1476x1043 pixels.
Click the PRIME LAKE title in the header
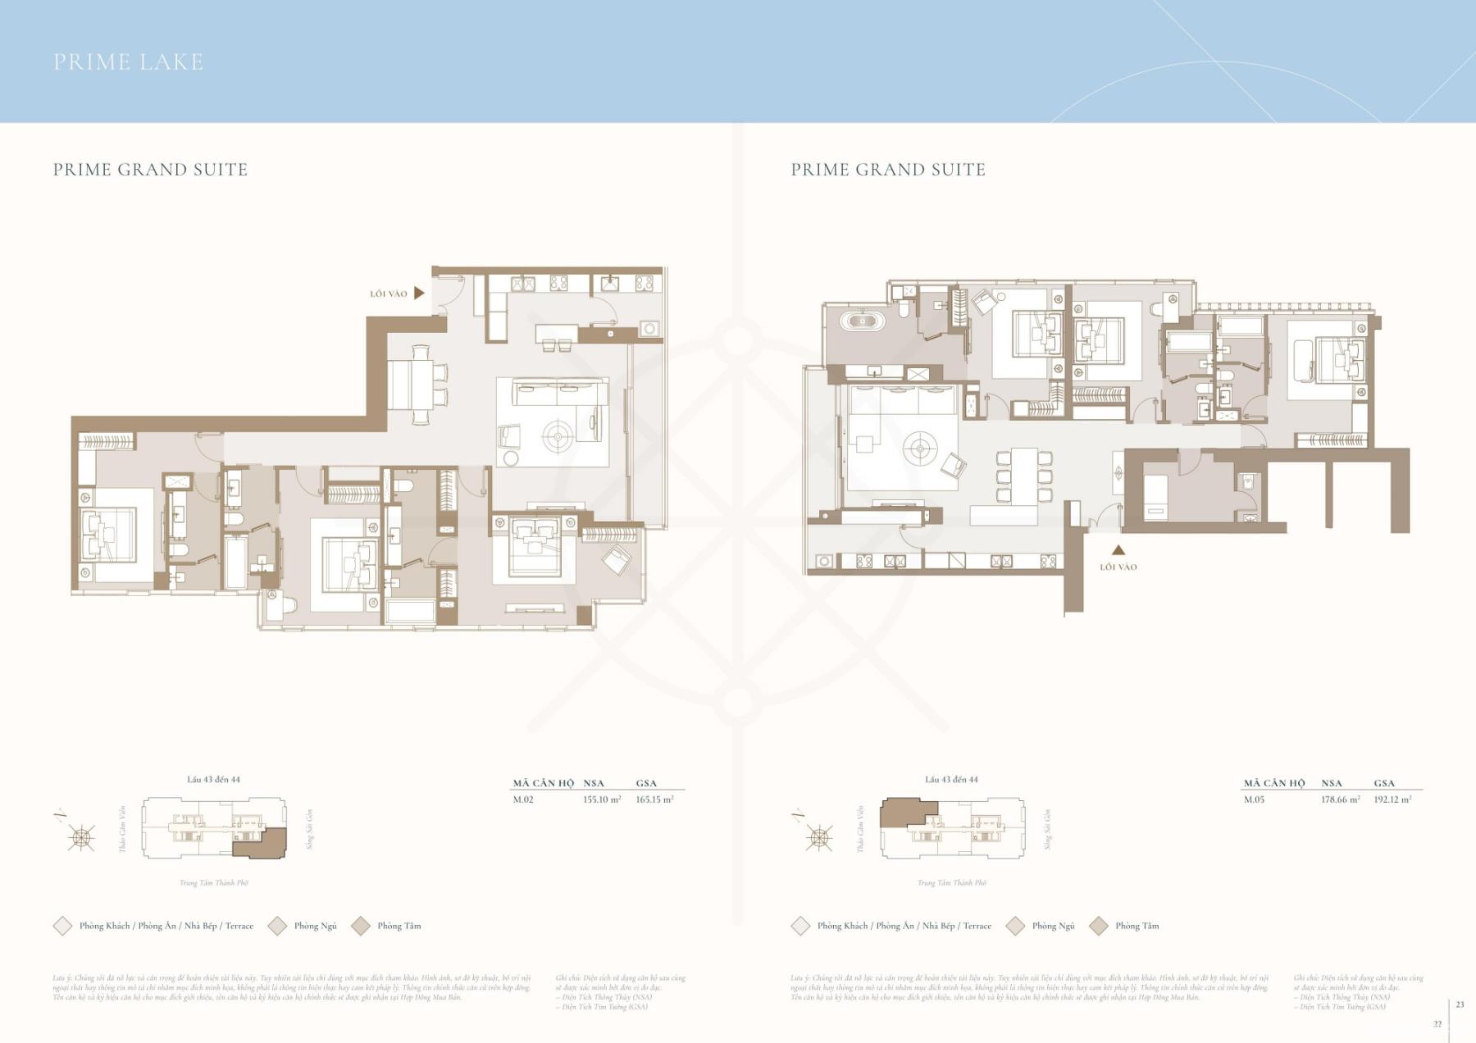pos(128,62)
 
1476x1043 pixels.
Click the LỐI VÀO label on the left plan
pos(388,294)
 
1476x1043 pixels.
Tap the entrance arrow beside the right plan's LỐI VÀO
pos(1118,551)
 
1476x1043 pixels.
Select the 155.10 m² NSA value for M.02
pos(601,799)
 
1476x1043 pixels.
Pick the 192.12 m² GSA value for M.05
pos(1392,799)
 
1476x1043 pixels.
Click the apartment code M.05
pos(1254,799)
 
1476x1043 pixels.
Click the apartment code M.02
pos(523,799)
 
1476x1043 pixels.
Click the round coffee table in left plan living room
pos(558,438)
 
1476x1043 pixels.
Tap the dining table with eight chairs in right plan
pos(1023,476)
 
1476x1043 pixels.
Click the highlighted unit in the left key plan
pos(261,844)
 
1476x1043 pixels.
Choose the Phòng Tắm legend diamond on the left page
pos(361,926)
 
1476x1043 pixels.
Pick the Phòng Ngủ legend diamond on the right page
pos(1015,926)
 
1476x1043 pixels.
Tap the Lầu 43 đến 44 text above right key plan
pos(951,780)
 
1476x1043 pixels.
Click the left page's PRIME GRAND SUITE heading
pos(150,170)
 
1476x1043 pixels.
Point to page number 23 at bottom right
pos(1460,1004)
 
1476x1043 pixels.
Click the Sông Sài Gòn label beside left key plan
pos(309,828)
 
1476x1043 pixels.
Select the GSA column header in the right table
pos(1384,783)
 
